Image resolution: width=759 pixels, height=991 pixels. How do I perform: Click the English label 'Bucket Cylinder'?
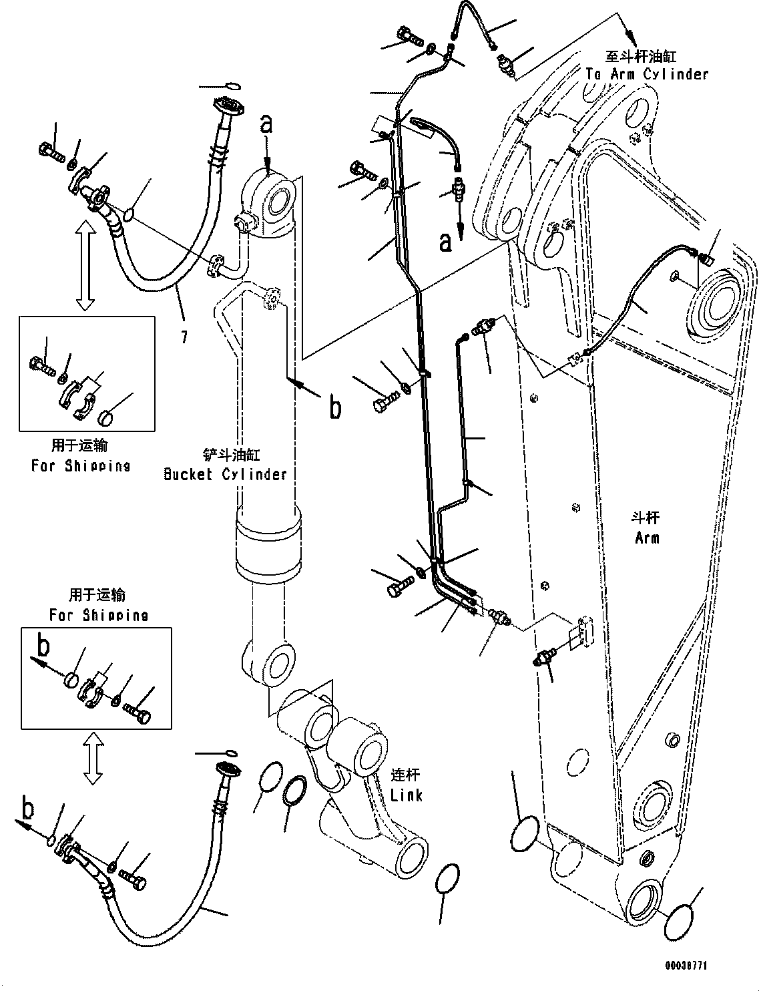pyautogui.click(x=225, y=474)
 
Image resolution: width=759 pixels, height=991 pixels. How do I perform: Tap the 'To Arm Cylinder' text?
pyautogui.click(x=646, y=73)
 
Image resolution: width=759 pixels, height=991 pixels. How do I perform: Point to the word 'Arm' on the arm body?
pyautogui.click(x=647, y=538)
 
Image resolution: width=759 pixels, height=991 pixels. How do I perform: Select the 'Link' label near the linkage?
pyautogui.click(x=406, y=795)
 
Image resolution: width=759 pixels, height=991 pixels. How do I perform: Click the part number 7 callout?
pyautogui.click(x=183, y=337)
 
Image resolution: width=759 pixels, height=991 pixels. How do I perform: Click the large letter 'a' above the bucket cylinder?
pyautogui.click(x=266, y=124)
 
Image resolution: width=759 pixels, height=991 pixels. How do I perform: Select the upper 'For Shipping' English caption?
pyautogui.click(x=80, y=465)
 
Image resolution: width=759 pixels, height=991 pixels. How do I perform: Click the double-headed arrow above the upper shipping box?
pyautogui.click(x=84, y=266)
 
